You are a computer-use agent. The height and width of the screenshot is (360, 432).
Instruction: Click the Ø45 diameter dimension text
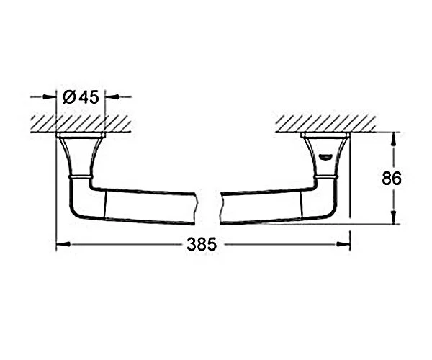point(81,97)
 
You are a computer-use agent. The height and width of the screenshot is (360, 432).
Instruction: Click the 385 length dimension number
point(202,244)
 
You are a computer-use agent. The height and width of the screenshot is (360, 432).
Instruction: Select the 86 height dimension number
point(392,179)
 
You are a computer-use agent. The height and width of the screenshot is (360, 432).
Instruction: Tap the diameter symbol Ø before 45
point(69,97)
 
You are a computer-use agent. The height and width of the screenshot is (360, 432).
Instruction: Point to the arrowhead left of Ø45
point(50,97)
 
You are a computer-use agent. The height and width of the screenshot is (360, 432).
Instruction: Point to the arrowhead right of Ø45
point(112,96)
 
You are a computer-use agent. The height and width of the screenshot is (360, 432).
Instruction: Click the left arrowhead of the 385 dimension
point(63,244)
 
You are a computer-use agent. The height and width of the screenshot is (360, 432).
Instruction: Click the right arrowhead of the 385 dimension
point(343,244)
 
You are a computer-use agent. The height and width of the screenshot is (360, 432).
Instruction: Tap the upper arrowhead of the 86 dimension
point(394,140)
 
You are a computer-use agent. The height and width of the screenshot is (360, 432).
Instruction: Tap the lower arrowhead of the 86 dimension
point(394,217)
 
